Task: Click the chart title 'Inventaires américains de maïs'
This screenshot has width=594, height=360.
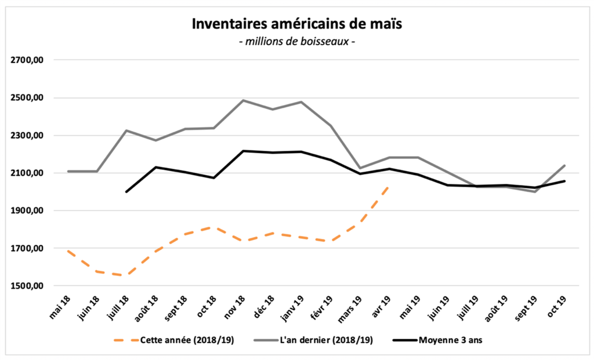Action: (x=296, y=25)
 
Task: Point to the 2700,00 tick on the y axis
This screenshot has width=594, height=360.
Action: (x=28, y=60)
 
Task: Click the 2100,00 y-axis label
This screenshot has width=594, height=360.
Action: (x=28, y=173)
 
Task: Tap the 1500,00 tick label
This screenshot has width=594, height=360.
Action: (x=28, y=286)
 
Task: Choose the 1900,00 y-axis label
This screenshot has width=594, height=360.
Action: (x=28, y=211)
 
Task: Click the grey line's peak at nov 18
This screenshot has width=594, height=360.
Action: (x=243, y=100)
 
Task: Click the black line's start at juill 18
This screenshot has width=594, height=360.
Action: (x=126, y=192)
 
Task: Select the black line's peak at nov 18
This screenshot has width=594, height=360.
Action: (x=243, y=151)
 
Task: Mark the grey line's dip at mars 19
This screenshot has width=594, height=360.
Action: (x=361, y=168)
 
